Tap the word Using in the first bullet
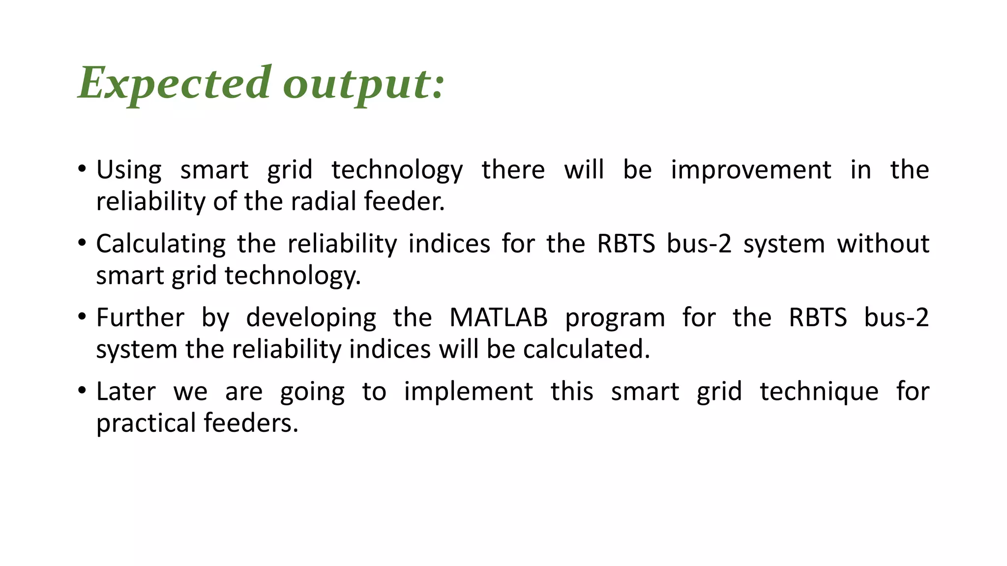pos(129,170)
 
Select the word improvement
pos(751,170)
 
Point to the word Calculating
pos(161,244)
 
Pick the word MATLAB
pos(498,317)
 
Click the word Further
pos(140,317)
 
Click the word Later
pos(126,392)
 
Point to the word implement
pos(468,392)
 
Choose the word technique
pos(819,392)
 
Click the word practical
pos(146,423)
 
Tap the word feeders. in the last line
pos(251,423)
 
